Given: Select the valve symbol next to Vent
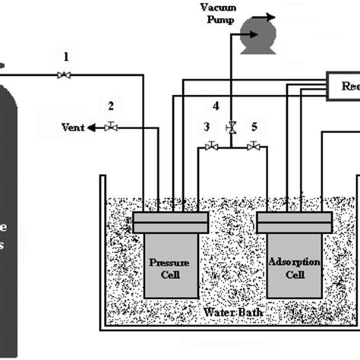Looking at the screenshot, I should pyautogui.click(x=111, y=127).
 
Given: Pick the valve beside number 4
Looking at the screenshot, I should pyautogui.click(x=231, y=127).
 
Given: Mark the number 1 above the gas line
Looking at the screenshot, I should pyautogui.click(x=66, y=56).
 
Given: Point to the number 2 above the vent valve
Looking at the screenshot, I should pyautogui.click(x=111, y=106).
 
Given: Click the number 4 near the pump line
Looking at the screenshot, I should pyautogui.click(x=216, y=106).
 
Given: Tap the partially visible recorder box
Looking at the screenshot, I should pyautogui.click(x=343, y=86).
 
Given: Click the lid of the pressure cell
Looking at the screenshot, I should pyautogui.click(x=170, y=223).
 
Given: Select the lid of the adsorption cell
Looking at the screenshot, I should pyautogui.click(x=294, y=223).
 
